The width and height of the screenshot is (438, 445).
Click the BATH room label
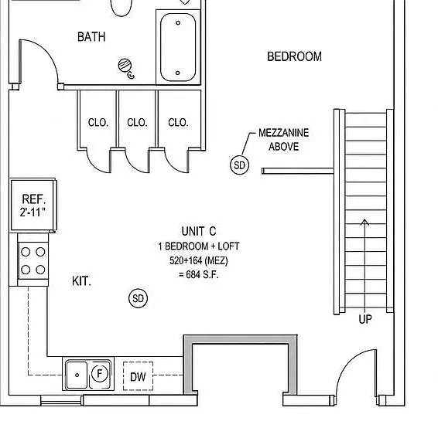pos(91,37)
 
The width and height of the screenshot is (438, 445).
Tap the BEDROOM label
pos(295,56)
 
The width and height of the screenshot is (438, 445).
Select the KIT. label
pos(81,281)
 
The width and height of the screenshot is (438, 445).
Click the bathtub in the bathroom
pos(178,47)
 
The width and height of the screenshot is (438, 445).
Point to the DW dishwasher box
pos(139,376)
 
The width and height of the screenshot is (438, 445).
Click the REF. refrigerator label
pos(34,199)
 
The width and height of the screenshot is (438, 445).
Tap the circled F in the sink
pos(100,373)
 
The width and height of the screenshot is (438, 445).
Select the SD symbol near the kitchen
pos(139,298)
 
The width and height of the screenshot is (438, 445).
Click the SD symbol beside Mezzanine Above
pos(239,165)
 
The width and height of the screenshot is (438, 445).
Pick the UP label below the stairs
pos(365,319)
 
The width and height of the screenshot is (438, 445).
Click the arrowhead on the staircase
pos(364,222)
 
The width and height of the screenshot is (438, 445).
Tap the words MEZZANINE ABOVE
pos(284,140)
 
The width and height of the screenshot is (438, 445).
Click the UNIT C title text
pos(199,231)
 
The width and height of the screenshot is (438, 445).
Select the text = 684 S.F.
pos(199,274)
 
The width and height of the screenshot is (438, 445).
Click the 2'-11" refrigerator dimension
pos(33,212)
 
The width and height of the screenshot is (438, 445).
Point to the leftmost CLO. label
pos(98,122)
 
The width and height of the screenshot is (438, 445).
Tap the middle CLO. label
pos(137,122)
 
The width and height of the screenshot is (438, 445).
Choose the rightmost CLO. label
pos(178,122)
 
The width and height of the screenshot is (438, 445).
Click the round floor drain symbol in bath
pos(125,65)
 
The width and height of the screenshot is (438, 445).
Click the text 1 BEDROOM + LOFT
pos(199,246)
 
